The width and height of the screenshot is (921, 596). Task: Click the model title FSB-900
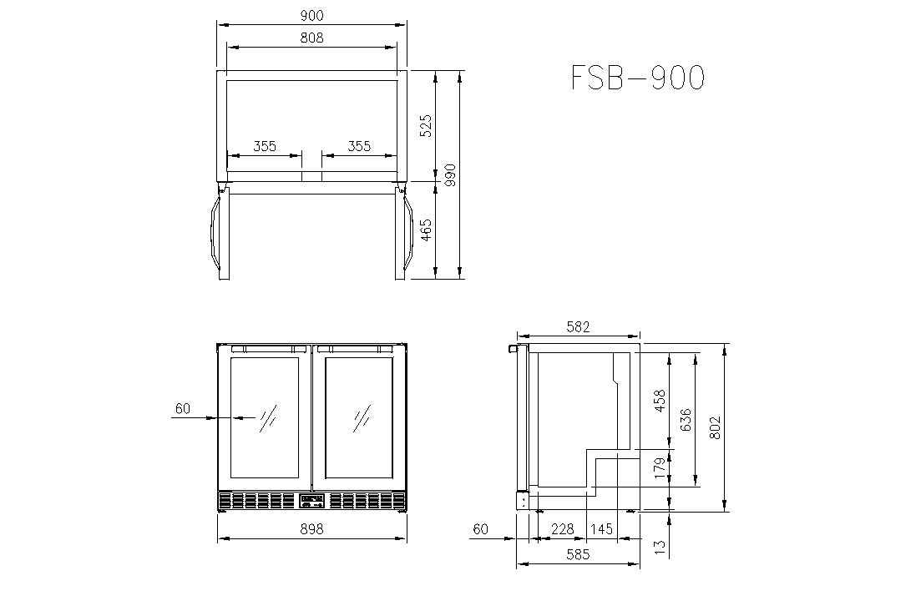pos(638,78)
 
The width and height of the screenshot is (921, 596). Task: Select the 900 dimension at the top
pos(311,15)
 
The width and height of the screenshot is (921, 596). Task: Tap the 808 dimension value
pos(311,38)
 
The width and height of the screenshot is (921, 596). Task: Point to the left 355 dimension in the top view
pos(265,145)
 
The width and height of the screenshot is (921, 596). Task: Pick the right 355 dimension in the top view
pos(359,145)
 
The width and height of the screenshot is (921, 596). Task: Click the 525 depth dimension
pos(426,126)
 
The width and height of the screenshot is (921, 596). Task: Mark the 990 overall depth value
pos(450,175)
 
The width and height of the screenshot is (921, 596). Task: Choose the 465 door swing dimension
pos(426,230)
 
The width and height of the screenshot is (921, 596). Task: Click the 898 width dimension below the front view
pos(311,529)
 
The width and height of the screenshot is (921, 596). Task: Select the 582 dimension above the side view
pos(578,327)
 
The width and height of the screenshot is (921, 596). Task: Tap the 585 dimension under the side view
pos(578,554)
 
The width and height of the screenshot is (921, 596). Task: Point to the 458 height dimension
pos(660,401)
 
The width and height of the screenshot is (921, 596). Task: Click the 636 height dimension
pos(686,420)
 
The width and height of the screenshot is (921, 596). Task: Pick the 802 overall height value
pos(714,427)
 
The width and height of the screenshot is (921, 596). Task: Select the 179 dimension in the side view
pos(660,468)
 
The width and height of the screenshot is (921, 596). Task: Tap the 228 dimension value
pos(562,529)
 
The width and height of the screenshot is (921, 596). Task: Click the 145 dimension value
pos(601,529)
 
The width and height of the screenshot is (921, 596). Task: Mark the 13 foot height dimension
pos(660,546)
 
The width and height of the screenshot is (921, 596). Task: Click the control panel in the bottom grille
pos(311,501)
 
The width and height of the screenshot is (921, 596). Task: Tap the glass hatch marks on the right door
pos(362,418)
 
